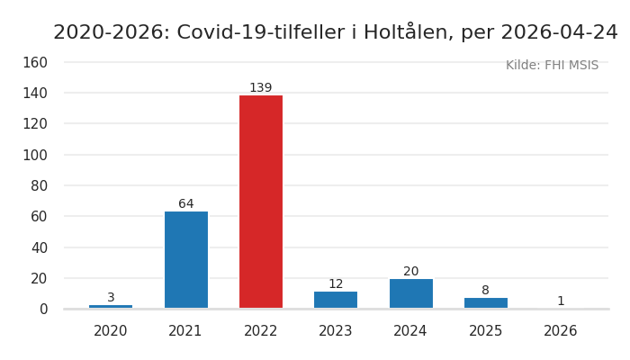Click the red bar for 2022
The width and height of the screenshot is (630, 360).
[x=261, y=202]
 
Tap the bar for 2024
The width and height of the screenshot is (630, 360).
[x=410, y=293]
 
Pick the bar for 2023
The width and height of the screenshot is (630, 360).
[x=336, y=300]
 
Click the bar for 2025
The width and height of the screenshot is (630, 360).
[x=486, y=302]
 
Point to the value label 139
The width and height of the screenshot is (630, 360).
[x=261, y=88]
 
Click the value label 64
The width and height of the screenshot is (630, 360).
[x=186, y=204]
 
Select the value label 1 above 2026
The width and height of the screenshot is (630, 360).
[x=561, y=301]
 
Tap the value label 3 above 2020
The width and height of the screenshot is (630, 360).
[x=111, y=298]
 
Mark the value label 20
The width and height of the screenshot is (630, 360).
[x=410, y=272]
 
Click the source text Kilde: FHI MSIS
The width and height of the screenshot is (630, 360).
[x=552, y=66]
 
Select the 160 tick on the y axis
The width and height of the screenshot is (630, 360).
[x=35, y=63]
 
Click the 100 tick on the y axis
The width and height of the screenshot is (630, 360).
[x=35, y=155]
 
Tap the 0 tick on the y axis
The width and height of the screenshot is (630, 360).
[x=43, y=309]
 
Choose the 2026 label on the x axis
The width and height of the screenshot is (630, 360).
[x=561, y=331]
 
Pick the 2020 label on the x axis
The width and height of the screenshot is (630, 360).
[x=111, y=331]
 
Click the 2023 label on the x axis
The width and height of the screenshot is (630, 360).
[x=336, y=331]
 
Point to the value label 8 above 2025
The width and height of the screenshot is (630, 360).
[x=486, y=291]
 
